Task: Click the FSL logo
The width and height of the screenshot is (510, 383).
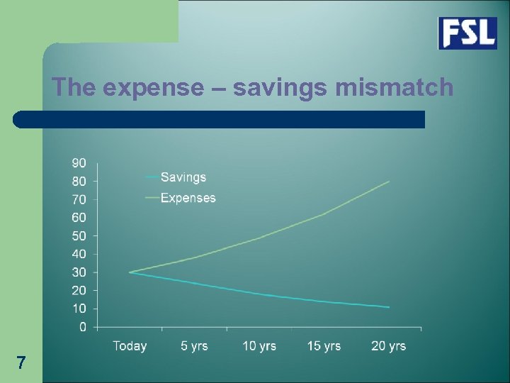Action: click(467, 33)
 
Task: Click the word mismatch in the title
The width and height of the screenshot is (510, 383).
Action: click(394, 87)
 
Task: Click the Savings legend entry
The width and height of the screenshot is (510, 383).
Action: click(183, 177)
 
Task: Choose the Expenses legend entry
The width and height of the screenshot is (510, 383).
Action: click(188, 198)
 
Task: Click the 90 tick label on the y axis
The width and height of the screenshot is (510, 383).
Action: click(79, 163)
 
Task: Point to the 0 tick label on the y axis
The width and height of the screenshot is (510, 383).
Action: click(82, 327)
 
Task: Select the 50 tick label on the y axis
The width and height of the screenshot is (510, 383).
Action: click(79, 236)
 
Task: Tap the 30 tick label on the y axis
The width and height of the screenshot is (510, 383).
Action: click(79, 272)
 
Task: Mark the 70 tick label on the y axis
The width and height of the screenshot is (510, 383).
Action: click(79, 199)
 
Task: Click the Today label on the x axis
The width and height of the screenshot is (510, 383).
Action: click(130, 346)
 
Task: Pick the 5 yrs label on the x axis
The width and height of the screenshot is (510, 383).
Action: click(194, 346)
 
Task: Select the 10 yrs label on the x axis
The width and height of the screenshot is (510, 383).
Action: click(259, 346)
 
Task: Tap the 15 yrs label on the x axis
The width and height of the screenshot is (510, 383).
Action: click(324, 346)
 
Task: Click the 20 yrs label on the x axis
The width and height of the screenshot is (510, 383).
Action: click(388, 346)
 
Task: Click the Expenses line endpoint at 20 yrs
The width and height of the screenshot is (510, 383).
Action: click(389, 182)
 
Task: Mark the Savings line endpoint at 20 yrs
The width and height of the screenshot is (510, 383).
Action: click(389, 307)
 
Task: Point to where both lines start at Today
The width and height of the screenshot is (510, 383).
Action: click(130, 272)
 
